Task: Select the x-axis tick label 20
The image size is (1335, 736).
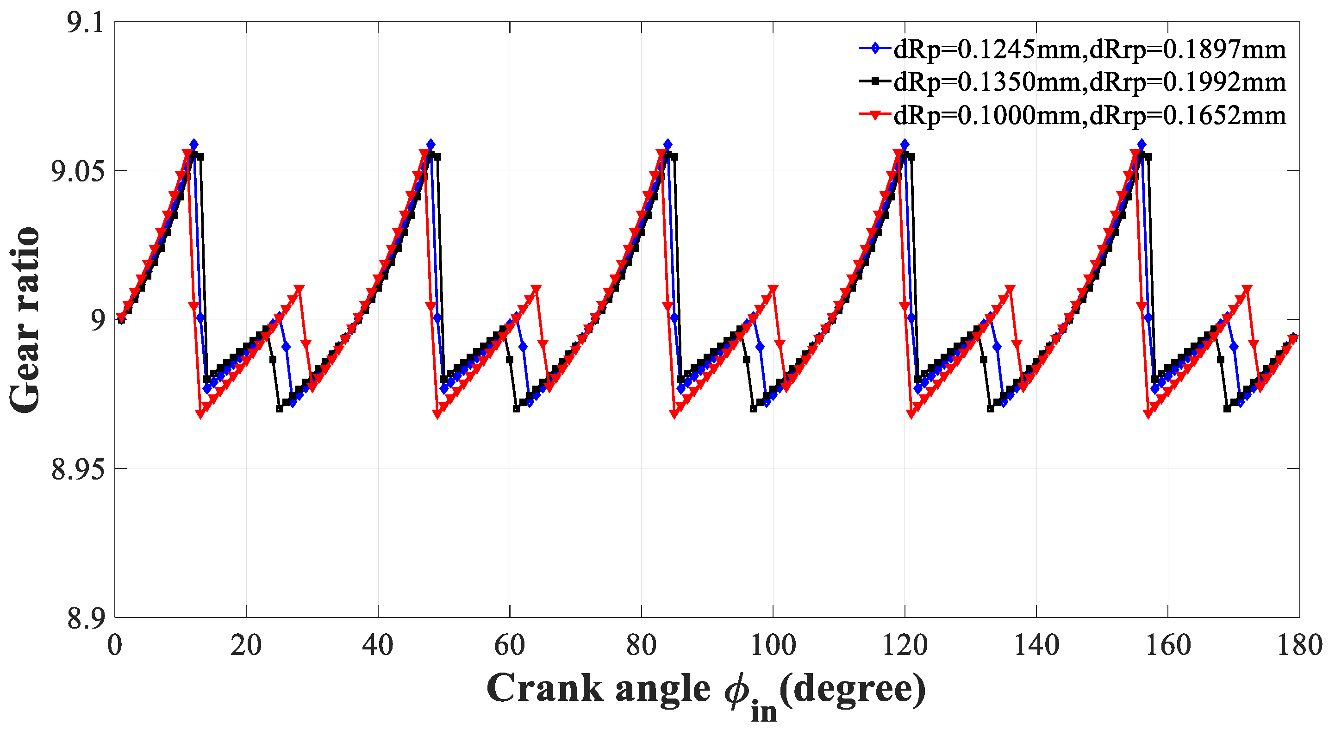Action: tap(246, 646)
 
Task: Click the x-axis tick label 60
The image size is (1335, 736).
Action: tap(510, 646)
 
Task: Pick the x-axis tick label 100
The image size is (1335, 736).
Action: tap(773, 646)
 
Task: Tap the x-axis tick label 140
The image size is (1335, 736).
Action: tap(1036, 646)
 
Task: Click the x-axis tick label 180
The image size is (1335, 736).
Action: tap(1299, 646)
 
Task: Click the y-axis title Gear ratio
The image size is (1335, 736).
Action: tap(25, 320)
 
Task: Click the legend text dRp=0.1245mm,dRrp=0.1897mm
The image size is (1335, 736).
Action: tap(1090, 49)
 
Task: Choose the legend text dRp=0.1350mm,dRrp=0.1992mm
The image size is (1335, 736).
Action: tap(1090, 81)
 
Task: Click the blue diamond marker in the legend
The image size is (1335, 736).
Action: tap(876, 48)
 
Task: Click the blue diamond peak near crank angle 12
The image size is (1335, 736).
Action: tap(193, 143)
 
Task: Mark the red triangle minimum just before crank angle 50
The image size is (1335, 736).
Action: tap(438, 414)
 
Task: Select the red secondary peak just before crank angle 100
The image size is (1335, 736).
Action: tap(773, 289)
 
